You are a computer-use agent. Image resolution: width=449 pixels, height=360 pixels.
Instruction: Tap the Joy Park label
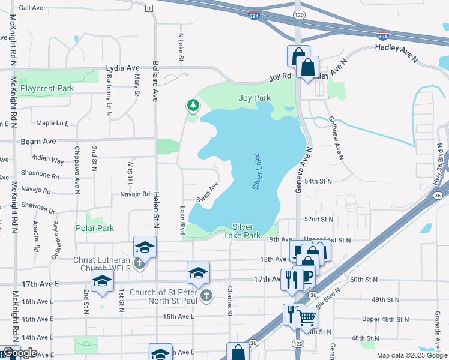tap(255, 98)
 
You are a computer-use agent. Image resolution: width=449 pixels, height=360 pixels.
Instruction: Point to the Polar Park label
tap(95, 228)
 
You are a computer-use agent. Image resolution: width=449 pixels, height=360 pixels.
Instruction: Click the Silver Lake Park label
tap(246, 231)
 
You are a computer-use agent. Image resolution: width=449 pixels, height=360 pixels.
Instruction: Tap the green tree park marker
tap(193, 106)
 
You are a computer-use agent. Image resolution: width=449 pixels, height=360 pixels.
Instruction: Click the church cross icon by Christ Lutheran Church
tap(139, 263)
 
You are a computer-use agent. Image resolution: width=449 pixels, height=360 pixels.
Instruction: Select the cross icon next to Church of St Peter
tap(206, 295)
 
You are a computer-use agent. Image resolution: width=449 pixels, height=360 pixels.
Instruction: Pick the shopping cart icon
tap(306, 317)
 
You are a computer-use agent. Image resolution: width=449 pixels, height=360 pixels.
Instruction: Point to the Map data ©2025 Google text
tap(412, 355)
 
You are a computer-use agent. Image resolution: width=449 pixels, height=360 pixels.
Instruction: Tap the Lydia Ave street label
tap(122, 68)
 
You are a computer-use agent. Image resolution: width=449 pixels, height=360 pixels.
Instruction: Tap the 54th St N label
tap(335, 180)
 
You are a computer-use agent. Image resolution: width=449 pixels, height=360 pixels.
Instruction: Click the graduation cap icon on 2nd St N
tap(103, 280)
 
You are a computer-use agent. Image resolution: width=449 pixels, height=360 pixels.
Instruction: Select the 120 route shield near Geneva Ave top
tap(298, 14)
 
